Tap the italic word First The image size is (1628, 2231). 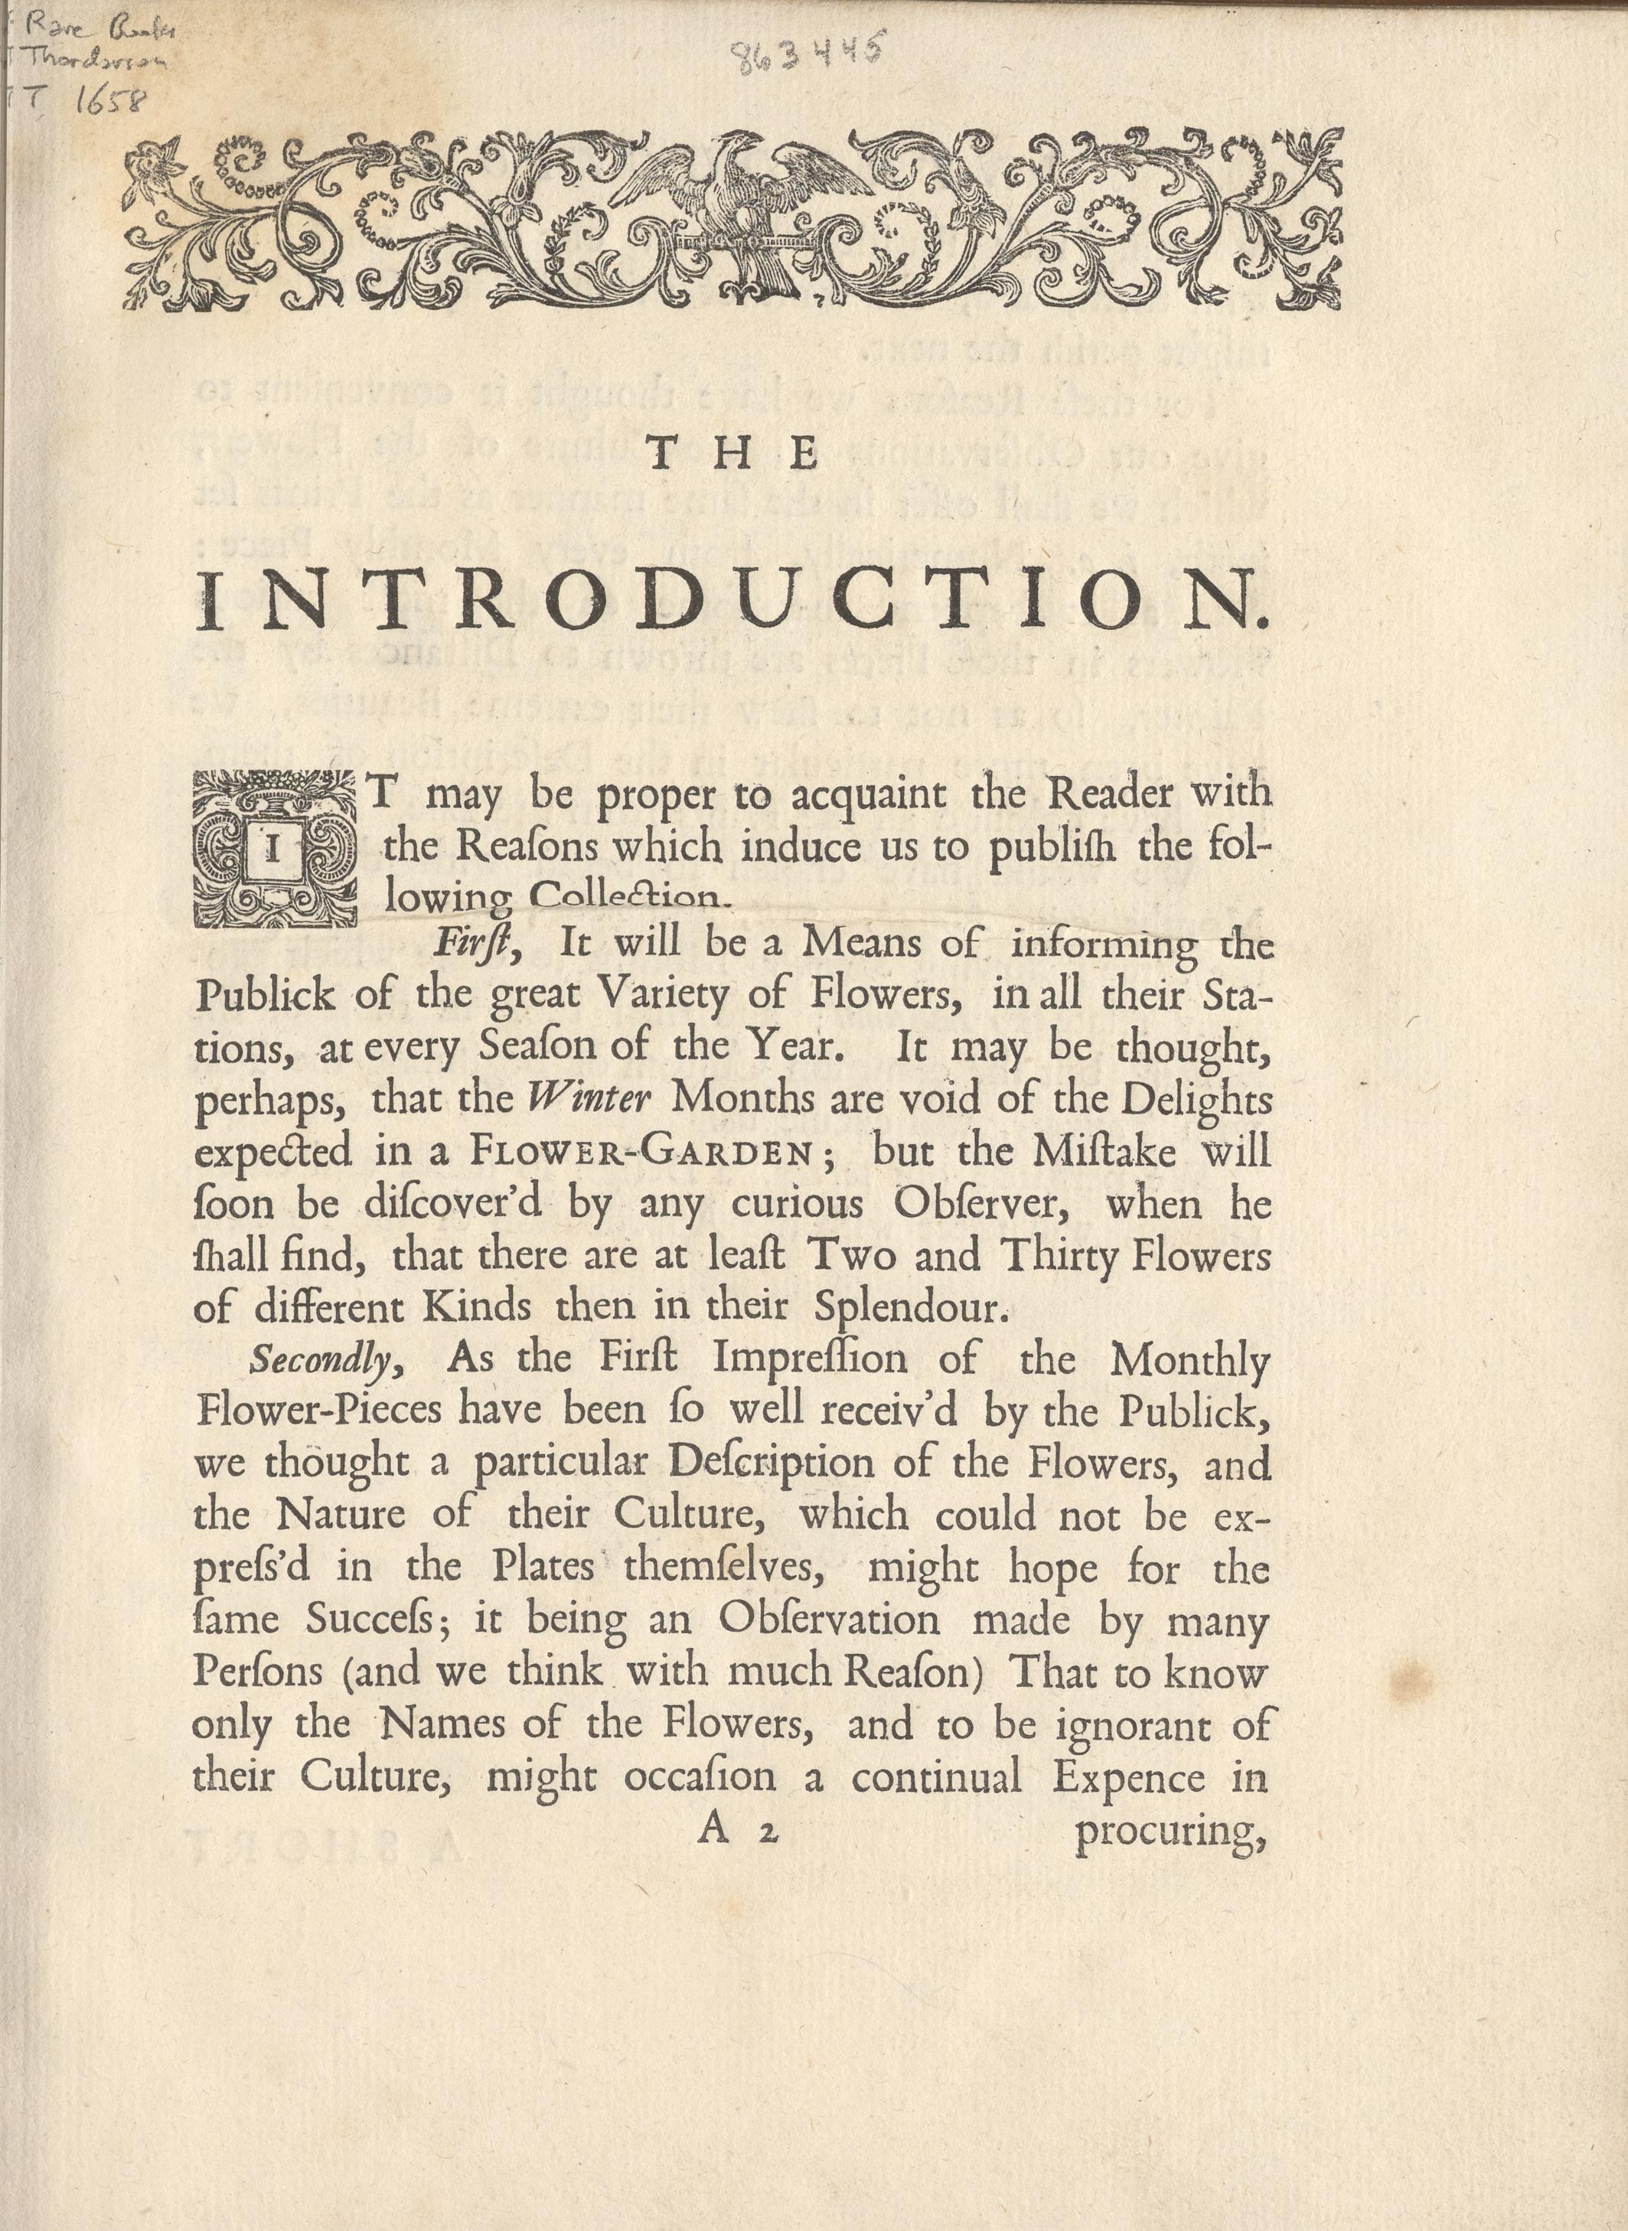(477, 944)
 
